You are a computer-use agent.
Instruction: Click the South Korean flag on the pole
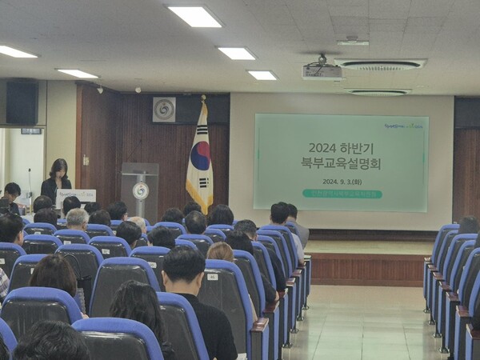[x=199, y=160]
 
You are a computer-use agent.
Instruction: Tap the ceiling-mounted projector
[x=323, y=70]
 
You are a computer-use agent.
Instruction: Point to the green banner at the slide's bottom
[x=342, y=194]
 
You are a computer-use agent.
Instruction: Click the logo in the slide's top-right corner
[x=403, y=125]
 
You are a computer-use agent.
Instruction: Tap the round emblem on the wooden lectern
[x=141, y=190]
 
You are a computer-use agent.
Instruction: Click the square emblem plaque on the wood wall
[x=164, y=110]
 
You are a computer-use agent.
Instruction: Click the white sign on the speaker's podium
[x=76, y=194]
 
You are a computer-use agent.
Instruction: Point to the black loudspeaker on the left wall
[x=22, y=102]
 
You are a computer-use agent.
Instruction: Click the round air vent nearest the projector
[x=380, y=65]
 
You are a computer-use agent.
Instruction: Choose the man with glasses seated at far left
[x=11, y=194]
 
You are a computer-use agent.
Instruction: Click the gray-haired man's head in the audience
[x=78, y=218]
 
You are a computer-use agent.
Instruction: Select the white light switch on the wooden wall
[x=86, y=160]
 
